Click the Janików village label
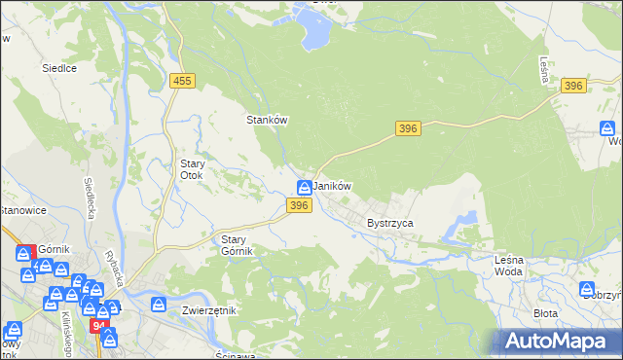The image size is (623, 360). [332, 186]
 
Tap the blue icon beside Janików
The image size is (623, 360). [305, 186]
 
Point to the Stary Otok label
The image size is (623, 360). [191, 169]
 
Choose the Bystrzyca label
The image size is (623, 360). [390, 223]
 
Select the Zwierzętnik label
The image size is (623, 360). [209, 310]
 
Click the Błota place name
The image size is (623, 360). [546, 314]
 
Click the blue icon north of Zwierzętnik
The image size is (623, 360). [159, 305]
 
